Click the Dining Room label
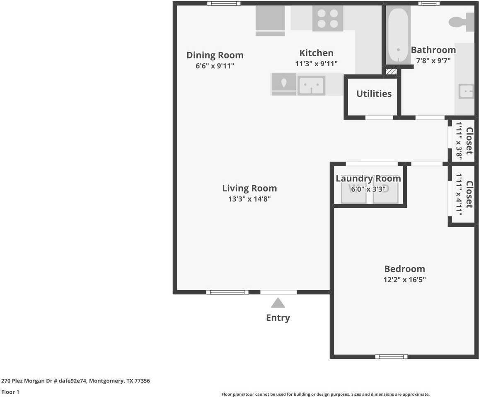click(x=215, y=55)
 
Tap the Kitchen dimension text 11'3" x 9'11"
click(x=316, y=63)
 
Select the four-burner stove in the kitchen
click(x=327, y=19)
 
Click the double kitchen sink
click(x=311, y=85)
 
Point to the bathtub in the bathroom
click(x=398, y=35)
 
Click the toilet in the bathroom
click(x=461, y=22)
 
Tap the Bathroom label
click(x=433, y=50)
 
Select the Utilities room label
click(x=374, y=94)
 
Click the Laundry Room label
click(x=368, y=178)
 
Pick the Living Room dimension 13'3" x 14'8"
click(x=249, y=199)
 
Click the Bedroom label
click(x=404, y=269)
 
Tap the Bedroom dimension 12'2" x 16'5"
click(x=404, y=279)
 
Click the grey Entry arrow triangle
click(x=278, y=303)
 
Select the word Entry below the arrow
click(x=278, y=318)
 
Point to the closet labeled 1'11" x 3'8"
click(x=463, y=140)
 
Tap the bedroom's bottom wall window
click(x=391, y=356)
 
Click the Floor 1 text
click(x=10, y=392)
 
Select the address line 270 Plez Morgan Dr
click(x=75, y=381)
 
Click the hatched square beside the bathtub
click(x=391, y=71)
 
